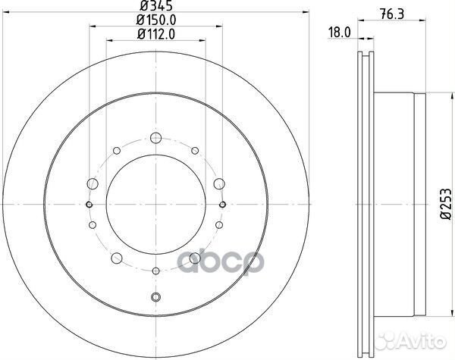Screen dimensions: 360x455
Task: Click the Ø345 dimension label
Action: point(155,10)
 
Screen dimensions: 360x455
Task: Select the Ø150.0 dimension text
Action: point(155,22)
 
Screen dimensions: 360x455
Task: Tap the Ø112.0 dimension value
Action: point(155,33)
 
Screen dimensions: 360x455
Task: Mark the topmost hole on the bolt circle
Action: point(155,138)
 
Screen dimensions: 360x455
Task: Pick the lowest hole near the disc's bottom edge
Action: point(155,297)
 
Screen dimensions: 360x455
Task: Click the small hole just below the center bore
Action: point(155,271)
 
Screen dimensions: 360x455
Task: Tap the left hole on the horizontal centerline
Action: point(89,205)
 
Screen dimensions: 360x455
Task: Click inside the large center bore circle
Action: point(155,205)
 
